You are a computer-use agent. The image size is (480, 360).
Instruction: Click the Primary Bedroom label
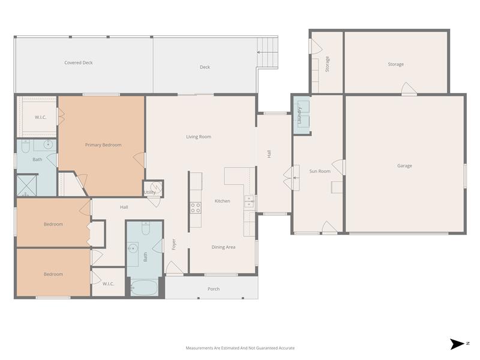tap(103, 145)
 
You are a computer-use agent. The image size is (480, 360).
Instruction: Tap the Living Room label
tap(199, 137)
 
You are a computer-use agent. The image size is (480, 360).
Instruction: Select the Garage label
tap(404, 166)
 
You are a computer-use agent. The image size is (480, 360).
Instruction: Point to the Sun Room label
tap(320, 171)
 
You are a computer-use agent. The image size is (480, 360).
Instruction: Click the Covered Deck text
tap(79, 62)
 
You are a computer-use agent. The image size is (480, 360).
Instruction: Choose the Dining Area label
tap(223, 247)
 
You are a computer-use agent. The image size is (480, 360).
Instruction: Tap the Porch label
tap(214, 289)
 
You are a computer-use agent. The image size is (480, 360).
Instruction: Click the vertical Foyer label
tap(174, 245)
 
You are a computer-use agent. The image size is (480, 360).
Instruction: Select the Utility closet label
tap(149, 192)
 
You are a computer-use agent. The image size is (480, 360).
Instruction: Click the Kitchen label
tap(222, 201)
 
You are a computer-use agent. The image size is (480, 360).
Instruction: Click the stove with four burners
tap(196, 208)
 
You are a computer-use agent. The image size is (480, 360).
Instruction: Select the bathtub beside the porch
tap(144, 287)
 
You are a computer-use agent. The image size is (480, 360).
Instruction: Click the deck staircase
tap(268, 46)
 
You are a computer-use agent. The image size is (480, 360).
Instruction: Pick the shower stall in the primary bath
tap(27, 185)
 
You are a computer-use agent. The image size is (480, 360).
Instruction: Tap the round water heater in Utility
tap(156, 187)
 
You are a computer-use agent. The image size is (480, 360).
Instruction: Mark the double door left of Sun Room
tap(293, 178)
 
